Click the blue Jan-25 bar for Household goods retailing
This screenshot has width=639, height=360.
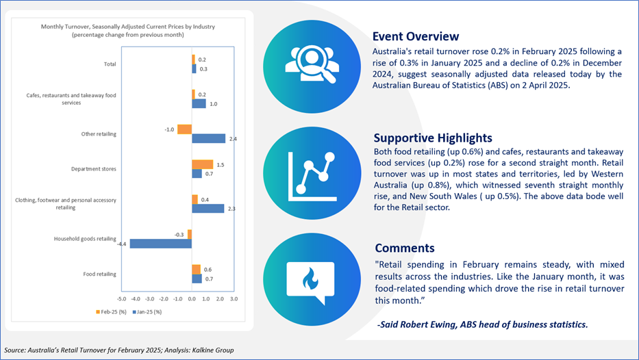tap(160, 244)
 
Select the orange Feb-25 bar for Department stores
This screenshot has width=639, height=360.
tap(203, 164)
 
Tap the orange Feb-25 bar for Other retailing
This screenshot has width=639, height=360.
tap(185, 129)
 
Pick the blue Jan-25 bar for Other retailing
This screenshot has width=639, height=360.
tap(209, 138)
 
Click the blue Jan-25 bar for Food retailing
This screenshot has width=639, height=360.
tap(197, 279)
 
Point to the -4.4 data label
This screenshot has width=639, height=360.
tap(121, 244)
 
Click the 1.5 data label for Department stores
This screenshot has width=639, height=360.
tap(220, 165)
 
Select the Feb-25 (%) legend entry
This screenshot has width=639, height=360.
tap(111, 312)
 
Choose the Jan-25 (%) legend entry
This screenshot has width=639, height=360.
tap(147, 312)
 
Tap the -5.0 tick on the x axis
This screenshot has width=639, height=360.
tap(121, 299)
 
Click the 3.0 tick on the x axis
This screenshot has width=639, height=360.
tap(234, 299)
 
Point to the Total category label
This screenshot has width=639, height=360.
tap(110, 64)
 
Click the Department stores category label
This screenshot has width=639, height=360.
tap(94, 169)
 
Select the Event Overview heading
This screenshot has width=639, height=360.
tap(416, 37)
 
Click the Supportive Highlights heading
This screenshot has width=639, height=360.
tap(433, 138)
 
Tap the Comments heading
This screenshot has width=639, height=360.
tap(405, 248)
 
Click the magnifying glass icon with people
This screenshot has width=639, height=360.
tap(312, 65)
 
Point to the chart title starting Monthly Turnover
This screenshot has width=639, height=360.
tap(128, 31)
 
